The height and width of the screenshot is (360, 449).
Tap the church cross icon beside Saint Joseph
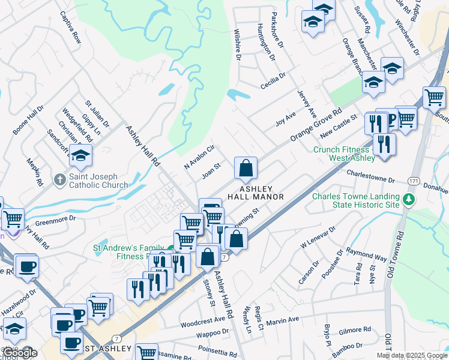pos(59,179)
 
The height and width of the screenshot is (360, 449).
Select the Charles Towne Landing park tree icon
pos(409,199)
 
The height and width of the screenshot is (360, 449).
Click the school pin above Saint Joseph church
pos(80,156)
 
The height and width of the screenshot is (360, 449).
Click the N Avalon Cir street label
pos(199,157)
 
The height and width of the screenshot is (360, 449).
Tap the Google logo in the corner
pos(20,353)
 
